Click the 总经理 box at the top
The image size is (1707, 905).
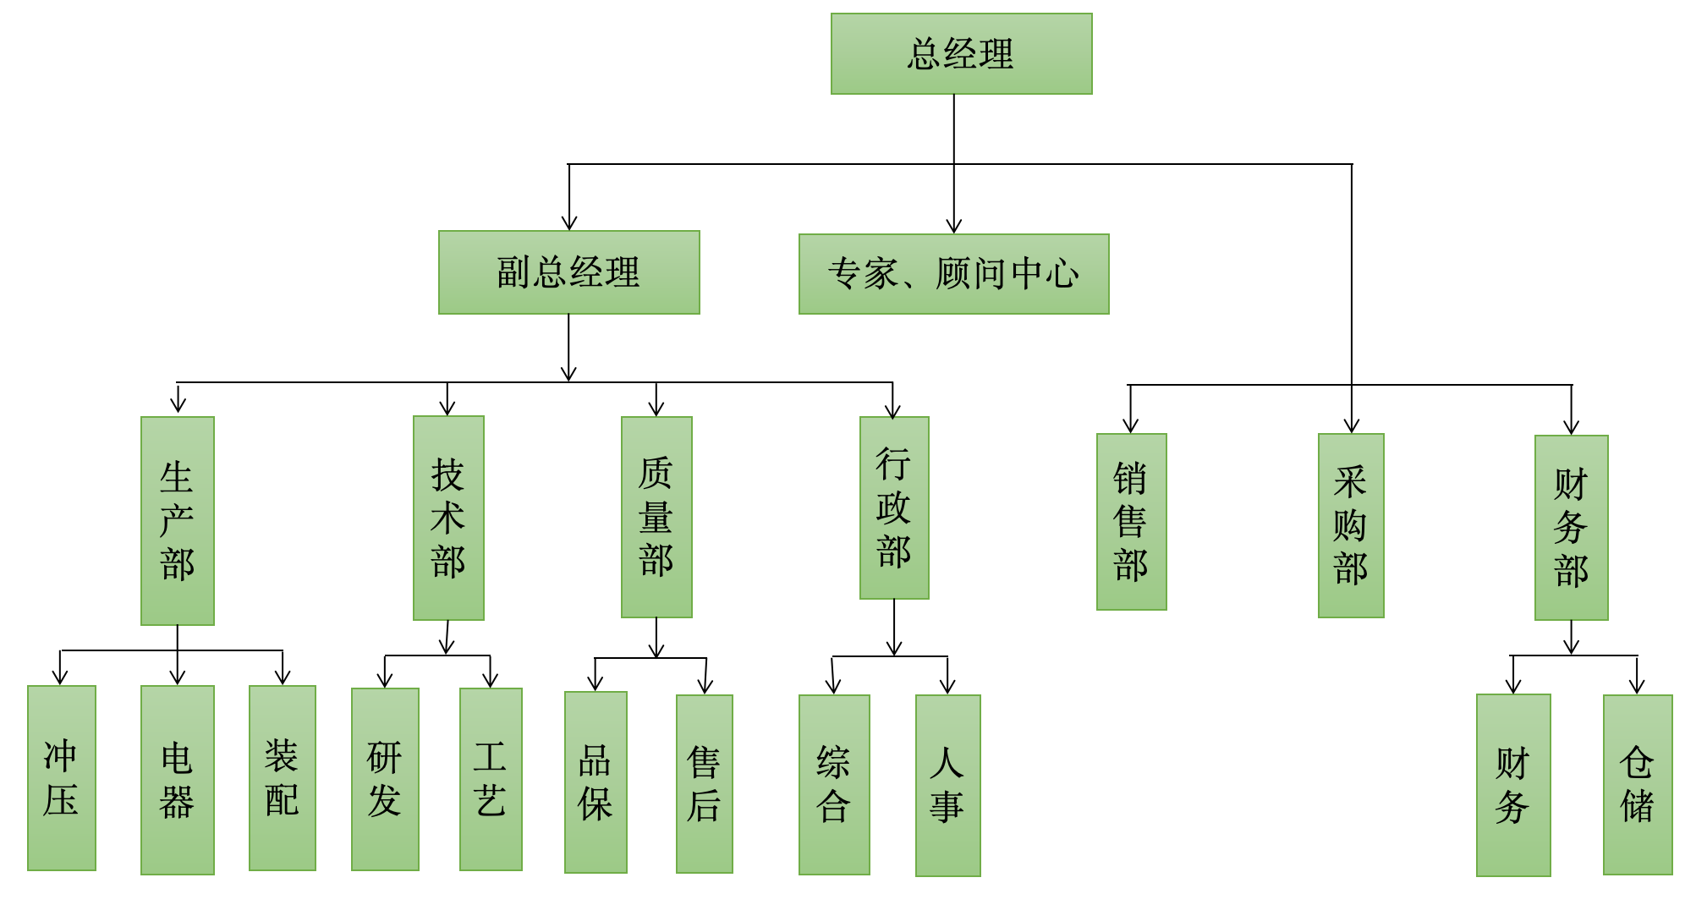click(x=961, y=53)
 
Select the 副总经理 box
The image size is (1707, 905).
click(x=568, y=272)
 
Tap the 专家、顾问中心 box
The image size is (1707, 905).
click(x=953, y=274)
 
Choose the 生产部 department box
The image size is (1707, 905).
click(x=177, y=521)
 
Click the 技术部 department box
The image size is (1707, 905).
click(x=448, y=518)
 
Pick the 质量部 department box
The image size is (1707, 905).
click(x=656, y=517)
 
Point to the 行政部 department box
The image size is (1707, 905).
click(x=894, y=507)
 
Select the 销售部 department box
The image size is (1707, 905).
click(x=1131, y=522)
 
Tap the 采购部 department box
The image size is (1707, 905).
click(x=1351, y=525)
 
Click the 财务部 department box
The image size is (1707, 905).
click(x=1571, y=528)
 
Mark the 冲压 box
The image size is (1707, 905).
click(x=62, y=778)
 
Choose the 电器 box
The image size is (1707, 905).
click(x=177, y=780)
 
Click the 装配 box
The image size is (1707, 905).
click(x=282, y=778)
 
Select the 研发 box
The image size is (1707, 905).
click(x=385, y=779)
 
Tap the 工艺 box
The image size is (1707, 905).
click(x=491, y=779)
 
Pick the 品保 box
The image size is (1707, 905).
click(x=596, y=782)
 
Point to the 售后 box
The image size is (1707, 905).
click(x=704, y=784)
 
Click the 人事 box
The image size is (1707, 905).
click(x=947, y=786)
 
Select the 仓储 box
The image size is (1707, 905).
click(x=1638, y=785)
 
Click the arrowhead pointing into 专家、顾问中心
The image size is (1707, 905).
click(x=954, y=227)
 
